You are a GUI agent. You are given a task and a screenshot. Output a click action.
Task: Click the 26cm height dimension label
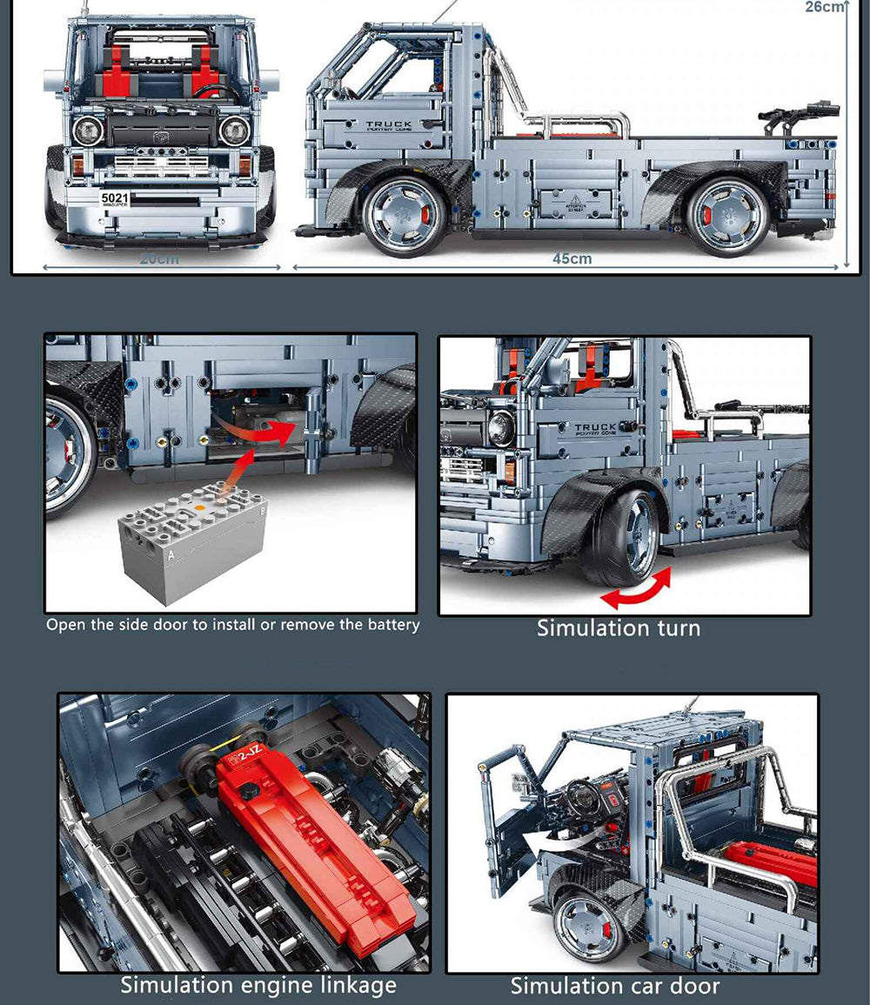825,8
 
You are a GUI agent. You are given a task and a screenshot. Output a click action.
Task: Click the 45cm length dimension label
572,258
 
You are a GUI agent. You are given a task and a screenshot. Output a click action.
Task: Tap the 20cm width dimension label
159,258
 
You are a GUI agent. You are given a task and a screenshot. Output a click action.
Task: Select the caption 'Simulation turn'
618,627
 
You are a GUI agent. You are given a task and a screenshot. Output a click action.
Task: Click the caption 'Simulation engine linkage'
258,985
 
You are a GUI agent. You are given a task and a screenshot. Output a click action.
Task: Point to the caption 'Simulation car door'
614,986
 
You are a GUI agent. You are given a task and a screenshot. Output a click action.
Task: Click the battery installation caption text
232,624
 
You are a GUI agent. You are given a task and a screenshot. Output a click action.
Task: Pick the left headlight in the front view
89,131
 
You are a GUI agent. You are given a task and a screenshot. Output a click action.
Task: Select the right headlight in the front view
234,131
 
